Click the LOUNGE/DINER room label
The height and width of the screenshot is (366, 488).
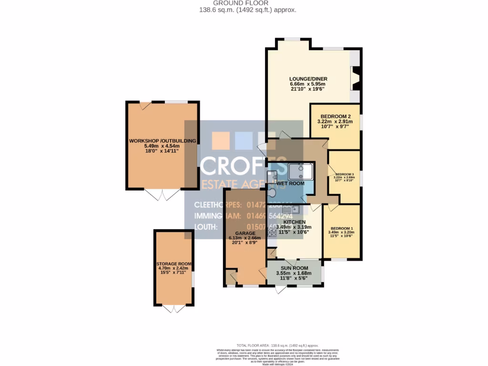pos(308,79)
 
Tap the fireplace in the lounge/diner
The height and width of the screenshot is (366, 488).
pos(355,78)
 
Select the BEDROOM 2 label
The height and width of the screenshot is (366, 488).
pos(335,116)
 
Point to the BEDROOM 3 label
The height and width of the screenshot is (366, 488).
pos(345,174)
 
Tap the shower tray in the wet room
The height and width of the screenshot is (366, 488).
pos(300,172)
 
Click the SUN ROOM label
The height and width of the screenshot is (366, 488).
pos(294,268)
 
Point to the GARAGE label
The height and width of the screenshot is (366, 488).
pos(245,234)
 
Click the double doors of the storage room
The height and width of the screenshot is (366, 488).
pos(173,309)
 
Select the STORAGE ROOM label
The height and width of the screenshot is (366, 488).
pos(173,264)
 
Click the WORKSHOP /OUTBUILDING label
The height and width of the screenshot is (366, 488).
pos(162,141)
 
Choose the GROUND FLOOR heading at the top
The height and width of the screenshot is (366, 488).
pos(244,3)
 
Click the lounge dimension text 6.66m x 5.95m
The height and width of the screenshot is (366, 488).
pos(308,84)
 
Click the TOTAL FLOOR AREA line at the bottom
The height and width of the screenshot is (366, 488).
pos(277,345)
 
